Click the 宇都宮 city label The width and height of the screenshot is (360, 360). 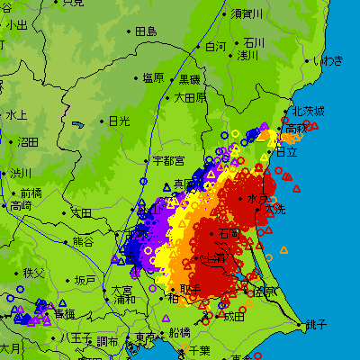[168, 160]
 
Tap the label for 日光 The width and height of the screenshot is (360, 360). [119, 121]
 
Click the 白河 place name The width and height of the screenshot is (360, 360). [216, 46]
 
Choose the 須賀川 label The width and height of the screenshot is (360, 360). [247, 13]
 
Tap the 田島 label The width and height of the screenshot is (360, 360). [146, 31]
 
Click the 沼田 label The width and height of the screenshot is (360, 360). [28, 141]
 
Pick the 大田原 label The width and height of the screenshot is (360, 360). [190, 96]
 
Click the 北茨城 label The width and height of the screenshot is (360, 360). [308, 111]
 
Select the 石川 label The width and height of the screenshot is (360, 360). [255, 42]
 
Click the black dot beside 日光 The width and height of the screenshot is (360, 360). [103, 121]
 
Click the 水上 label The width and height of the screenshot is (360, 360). [16, 115]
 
